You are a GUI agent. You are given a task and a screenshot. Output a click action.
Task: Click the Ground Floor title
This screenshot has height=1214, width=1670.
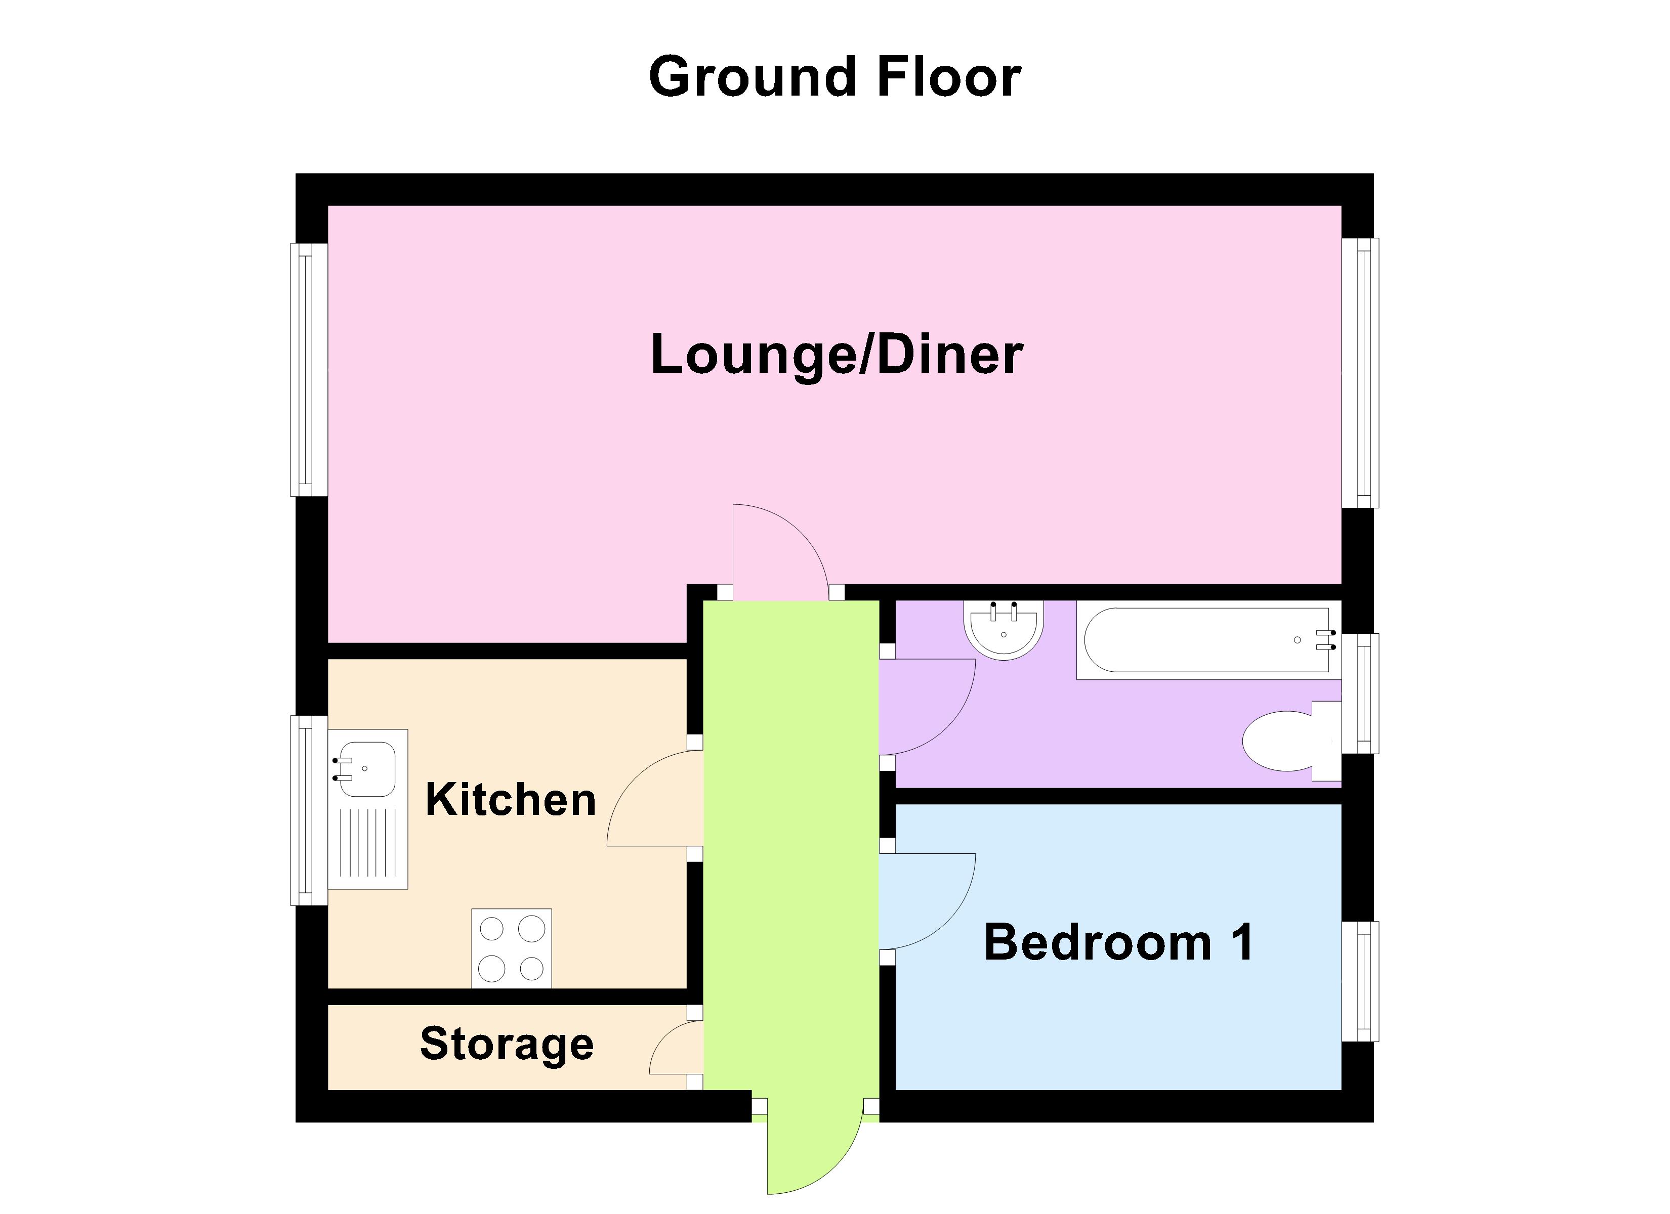[834, 77]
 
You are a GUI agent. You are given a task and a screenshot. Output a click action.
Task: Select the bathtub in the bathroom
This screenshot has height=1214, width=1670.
[1204, 640]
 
